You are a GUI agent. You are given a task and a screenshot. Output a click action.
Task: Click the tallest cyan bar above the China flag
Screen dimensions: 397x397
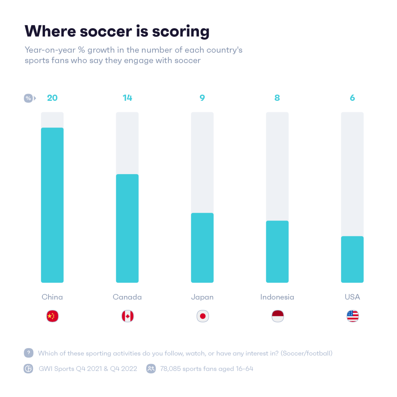[52, 205]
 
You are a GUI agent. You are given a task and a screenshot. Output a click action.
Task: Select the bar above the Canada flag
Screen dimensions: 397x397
[127, 229]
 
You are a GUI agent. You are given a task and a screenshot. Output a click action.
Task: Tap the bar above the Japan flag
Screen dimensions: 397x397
[202, 248]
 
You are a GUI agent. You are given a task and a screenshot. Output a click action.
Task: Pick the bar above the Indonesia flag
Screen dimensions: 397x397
[277, 252]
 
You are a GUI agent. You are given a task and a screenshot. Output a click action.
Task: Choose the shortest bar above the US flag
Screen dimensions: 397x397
[352, 260]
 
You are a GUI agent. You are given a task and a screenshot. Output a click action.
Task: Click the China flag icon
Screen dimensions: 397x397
[52, 316]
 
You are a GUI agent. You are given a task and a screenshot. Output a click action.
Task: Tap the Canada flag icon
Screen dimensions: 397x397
[128, 316]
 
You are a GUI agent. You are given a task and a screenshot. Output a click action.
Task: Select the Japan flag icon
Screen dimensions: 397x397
[203, 316]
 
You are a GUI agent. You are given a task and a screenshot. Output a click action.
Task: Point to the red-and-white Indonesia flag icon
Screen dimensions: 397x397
[278, 316]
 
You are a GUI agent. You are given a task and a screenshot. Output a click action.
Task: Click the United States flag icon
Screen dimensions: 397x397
[352, 316]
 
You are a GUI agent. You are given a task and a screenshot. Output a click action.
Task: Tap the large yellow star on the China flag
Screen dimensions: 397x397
[50, 316]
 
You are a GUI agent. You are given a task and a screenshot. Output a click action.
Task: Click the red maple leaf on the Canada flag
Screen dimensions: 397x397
[128, 316]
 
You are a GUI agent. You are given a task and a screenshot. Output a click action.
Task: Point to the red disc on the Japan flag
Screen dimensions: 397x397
[203, 316]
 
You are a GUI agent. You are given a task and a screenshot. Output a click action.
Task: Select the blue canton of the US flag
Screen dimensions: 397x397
[350, 313]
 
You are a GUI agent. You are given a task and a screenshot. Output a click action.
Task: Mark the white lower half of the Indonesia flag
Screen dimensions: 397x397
[278, 319]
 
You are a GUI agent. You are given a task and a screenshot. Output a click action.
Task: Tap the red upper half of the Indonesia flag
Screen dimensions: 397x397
[278, 313]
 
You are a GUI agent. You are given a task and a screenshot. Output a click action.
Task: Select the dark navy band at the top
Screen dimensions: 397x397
[198, 32]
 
